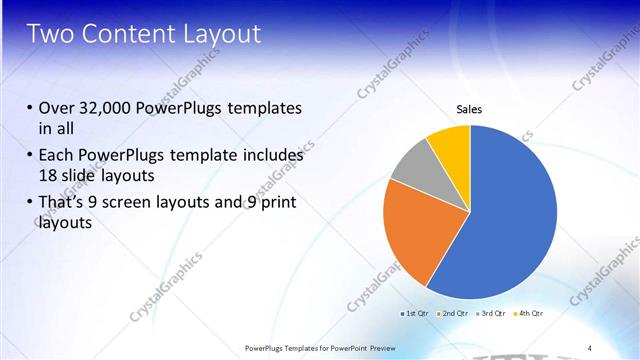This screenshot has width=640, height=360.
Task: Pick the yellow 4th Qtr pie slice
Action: click(450, 145)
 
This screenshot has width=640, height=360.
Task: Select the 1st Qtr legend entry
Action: click(415, 314)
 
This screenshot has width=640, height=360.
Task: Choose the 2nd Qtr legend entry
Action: click(453, 314)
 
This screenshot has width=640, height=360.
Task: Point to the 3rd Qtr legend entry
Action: click(491, 314)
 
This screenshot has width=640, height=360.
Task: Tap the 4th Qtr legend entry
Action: click(528, 314)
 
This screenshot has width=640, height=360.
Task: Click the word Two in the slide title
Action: click(49, 34)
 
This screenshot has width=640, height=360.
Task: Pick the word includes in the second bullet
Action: click(269, 156)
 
